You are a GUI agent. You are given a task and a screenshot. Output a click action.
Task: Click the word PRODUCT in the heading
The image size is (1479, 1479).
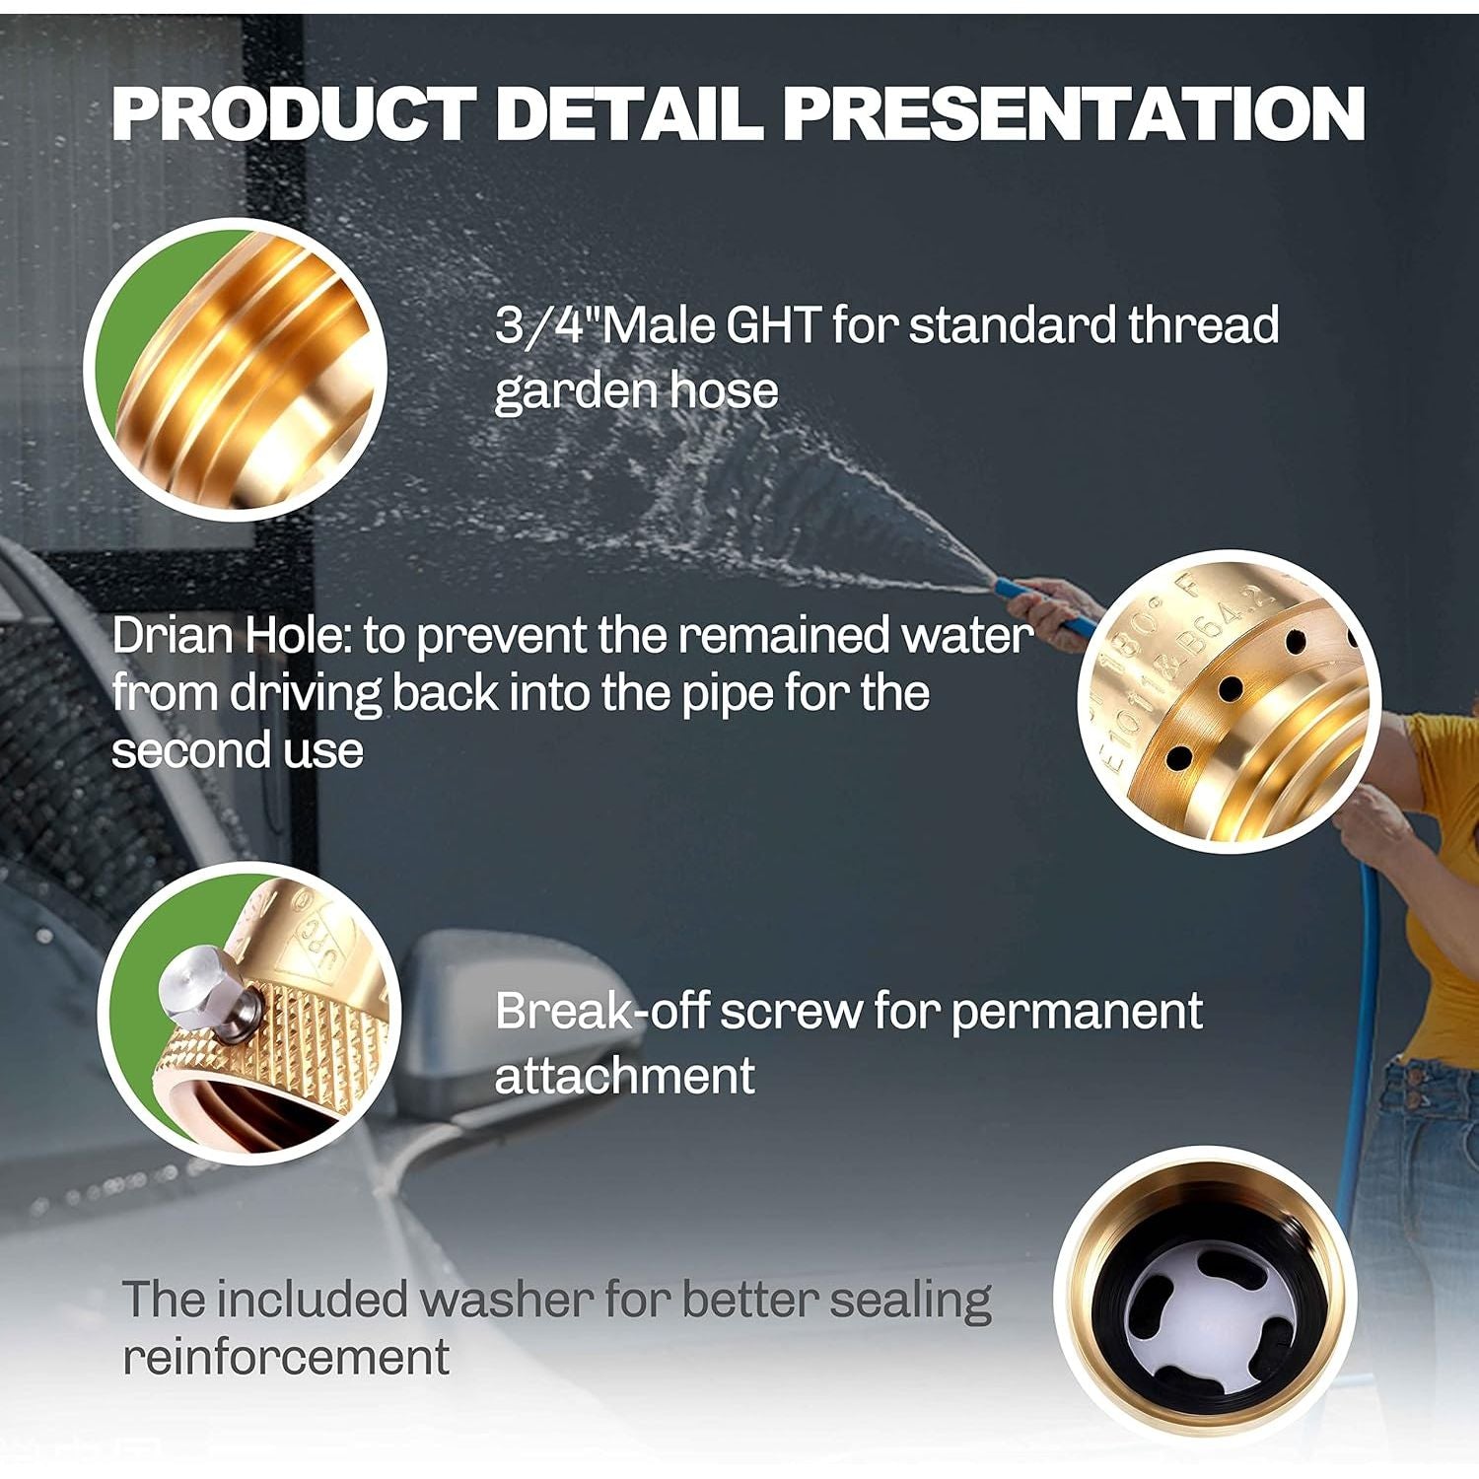pos(294,113)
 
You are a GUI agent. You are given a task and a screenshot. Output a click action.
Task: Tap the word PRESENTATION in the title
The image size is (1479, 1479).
pos(1074,113)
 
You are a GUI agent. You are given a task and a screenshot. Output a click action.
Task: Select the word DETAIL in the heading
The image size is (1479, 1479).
pos(629,113)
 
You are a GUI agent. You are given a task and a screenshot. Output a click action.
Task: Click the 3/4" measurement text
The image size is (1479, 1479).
pos(547,325)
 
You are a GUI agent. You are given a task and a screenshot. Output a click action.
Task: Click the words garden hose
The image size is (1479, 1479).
pos(636,391)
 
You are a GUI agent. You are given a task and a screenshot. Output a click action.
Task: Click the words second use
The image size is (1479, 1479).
pos(238,751)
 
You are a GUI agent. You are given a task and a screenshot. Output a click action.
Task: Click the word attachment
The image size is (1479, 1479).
pos(624,1076)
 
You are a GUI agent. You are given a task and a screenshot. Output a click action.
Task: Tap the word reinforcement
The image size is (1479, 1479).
pos(286,1357)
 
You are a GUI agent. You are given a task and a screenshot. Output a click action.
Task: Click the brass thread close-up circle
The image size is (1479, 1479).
pos(235,370)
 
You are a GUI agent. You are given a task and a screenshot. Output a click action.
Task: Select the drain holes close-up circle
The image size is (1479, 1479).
pos(1229,701)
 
